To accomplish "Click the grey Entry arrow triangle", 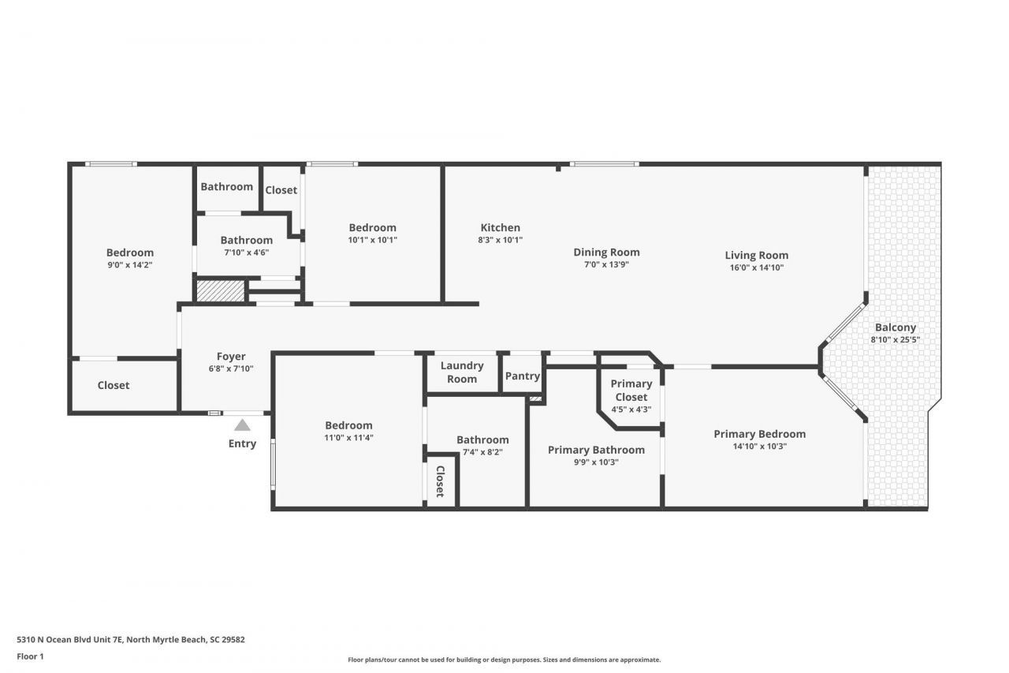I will point(242,425).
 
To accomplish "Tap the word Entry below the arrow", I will point(242,443).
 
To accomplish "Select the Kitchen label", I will point(501,228).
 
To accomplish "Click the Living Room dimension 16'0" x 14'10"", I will point(756,267).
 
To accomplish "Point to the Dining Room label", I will point(606,252).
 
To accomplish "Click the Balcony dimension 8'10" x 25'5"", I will point(895,339).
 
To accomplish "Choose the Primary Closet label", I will point(631,391).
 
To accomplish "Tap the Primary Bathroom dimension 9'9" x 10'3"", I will point(596,462).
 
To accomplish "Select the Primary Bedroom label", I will point(759,434).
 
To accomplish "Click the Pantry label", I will point(522,376).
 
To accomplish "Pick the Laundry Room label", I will point(462,372).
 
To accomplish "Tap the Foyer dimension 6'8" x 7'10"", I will point(231,368).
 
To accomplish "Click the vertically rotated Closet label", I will point(440,481).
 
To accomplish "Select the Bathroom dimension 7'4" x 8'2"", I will point(482,452).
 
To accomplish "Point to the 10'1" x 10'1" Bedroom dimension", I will point(372,240).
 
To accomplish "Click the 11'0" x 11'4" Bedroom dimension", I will point(348,437).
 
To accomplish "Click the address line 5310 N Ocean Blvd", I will point(131,640).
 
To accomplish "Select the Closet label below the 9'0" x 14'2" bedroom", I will point(114,385).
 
